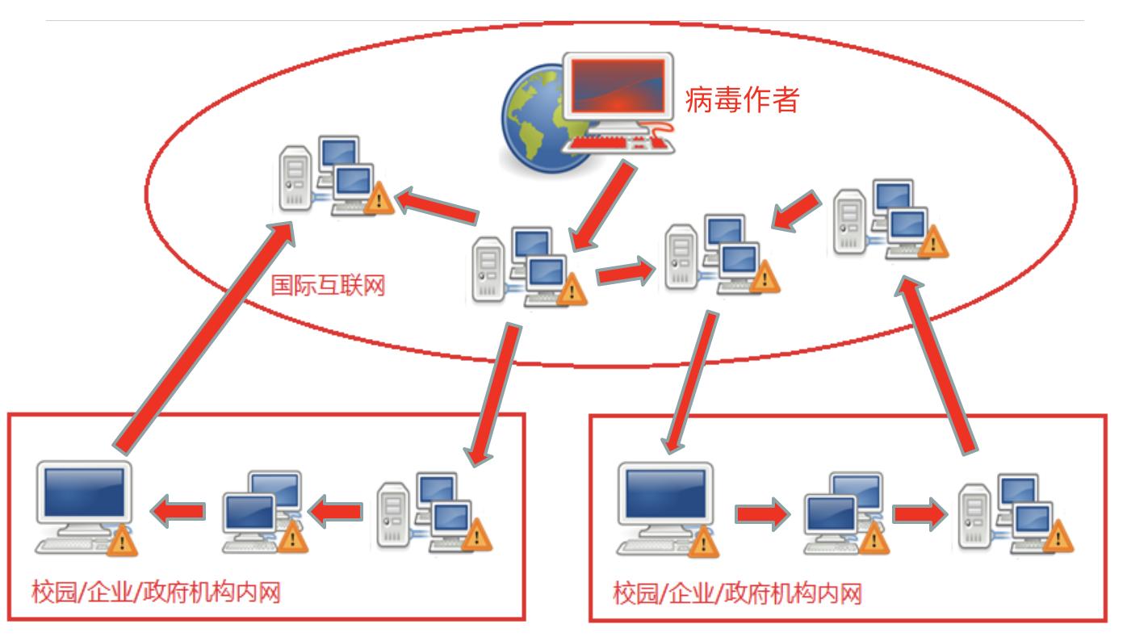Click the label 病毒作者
(x=742, y=99)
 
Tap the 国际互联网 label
(x=328, y=285)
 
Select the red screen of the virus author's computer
(x=618, y=86)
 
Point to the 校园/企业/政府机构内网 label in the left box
(x=156, y=592)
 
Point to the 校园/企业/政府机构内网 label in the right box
(x=738, y=593)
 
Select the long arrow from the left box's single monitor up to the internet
(x=203, y=337)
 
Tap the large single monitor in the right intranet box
(x=666, y=508)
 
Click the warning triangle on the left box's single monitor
(x=122, y=540)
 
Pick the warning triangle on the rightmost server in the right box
(x=1058, y=537)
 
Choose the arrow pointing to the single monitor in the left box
(x=178, y=511)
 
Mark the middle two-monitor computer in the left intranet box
(x=265, y=511)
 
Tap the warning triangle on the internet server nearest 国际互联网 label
(x=572, y=289)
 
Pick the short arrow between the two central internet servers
(x=626, y=272)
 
